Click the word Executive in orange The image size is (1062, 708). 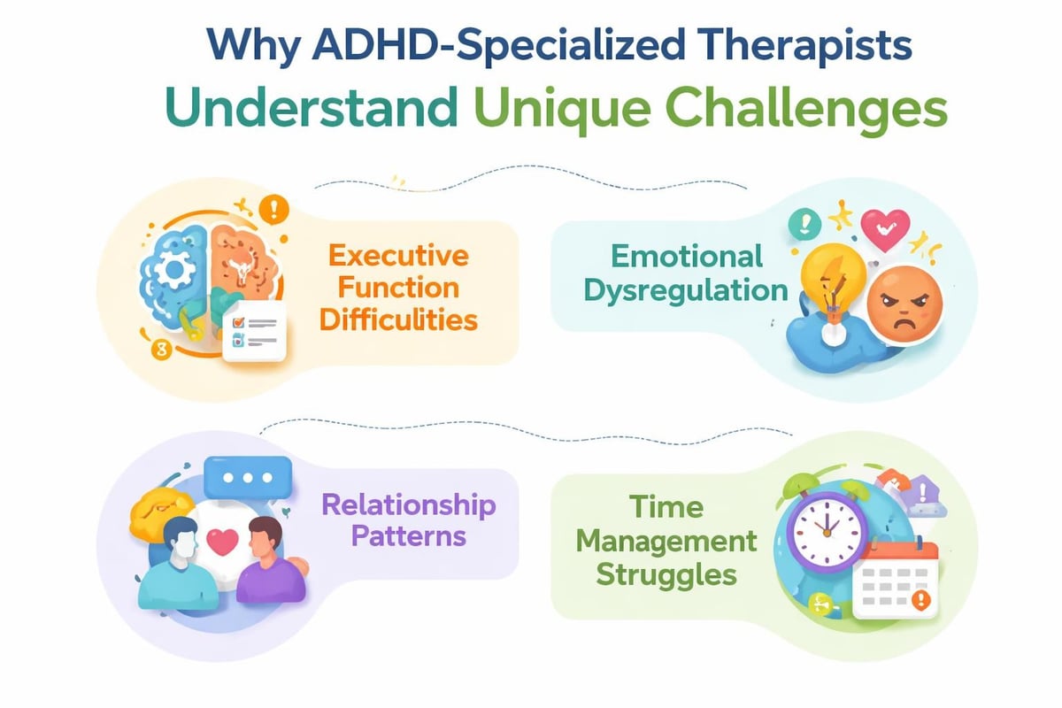(x=397, y=257)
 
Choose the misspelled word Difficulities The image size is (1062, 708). (x=398, y=319)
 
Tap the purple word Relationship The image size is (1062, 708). (x=408, y=505)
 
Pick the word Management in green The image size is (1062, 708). (x=666, y=540)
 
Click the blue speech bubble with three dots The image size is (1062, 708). (x=247, y=478)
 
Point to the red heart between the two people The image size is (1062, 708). (x=221, y=542)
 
